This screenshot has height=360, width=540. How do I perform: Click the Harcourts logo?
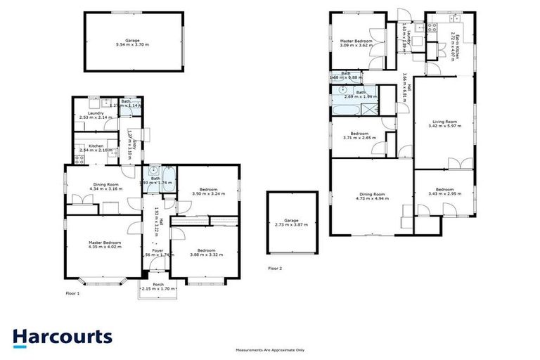coord(62,337)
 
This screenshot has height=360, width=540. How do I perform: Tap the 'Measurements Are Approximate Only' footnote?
coord(270,349)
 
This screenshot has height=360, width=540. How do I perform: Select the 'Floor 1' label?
coord(72,292)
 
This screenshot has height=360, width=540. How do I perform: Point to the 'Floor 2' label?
coord(275,268)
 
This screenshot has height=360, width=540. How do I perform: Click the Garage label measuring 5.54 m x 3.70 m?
coord(133,42)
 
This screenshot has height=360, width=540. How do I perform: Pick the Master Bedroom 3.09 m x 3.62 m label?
coord(357,43)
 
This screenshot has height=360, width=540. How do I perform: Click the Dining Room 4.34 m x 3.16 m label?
coord(108,186)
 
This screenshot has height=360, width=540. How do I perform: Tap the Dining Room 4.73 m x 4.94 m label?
coord(371,196)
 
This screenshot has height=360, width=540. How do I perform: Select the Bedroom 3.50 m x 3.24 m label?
coord(207,191)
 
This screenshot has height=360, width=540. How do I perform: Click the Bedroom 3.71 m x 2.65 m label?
coord(360,136)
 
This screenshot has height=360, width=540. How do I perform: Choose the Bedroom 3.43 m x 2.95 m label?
coord(444,191)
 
